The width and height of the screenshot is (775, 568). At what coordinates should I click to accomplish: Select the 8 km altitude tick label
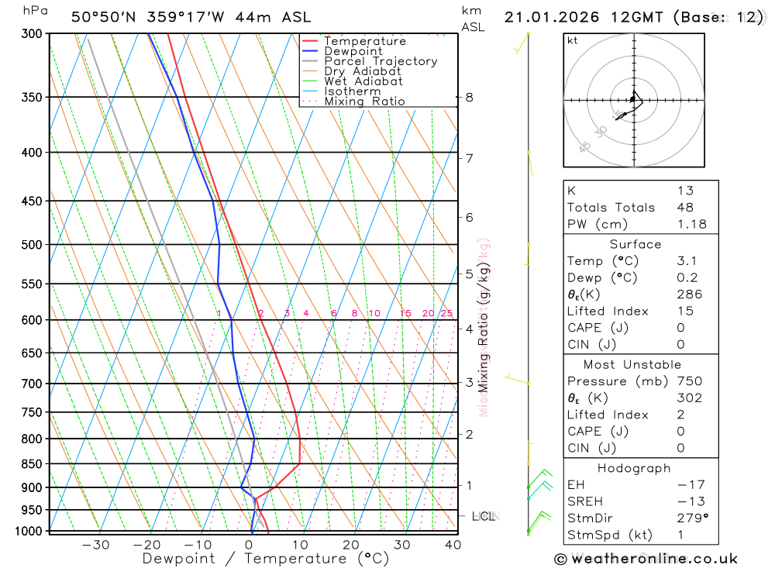pyautogui.click(x=470, y=98)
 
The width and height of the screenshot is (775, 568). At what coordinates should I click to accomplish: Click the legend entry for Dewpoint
pyautogui.click(x=353, y=51)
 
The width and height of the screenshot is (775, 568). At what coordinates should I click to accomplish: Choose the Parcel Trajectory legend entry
pyautogui.click(x=381, y=61)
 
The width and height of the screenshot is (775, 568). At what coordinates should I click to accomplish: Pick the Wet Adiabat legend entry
pyautogui.click(x=363, y=81)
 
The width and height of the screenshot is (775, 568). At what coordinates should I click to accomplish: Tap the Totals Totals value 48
pyautogui.click(x=685, y=208)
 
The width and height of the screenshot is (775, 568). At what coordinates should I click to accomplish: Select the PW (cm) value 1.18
pyautogui.click(x=691, y=225)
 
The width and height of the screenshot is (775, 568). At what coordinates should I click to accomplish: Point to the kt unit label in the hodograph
pyautogui.click(x=573, y=40)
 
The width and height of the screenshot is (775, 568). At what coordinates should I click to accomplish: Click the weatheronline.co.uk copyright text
pyautogui.click(x=646, y=559)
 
